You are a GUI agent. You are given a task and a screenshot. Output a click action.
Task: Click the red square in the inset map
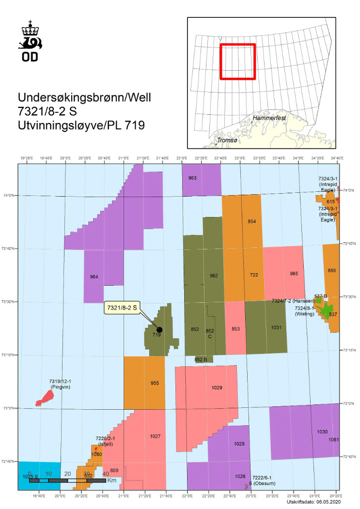pyautogui.click(x=237, y=62)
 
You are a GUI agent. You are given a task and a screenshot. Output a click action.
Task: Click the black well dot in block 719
pyautogui.click(x=159, y=329)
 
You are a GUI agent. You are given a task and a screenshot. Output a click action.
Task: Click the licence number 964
pyautogui.click(x=94, y=277)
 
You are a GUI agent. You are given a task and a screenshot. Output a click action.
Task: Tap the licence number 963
pyautogui.click(x=192, y=178)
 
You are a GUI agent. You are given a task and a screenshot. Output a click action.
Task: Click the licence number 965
pyautogui.click(x=294, y=274)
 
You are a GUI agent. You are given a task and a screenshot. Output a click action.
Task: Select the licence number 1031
pyautogui.click(x=276, y=327)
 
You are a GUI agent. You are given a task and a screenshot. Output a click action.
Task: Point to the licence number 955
pyautogui.click(x=155, y=383)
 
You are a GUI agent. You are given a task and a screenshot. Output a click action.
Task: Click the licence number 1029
pyautogui.click(x=217, y=387)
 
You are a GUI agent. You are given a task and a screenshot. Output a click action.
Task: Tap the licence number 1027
pyautogui.click(x=155, y=436)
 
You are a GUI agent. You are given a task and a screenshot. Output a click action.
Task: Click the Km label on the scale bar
pyautogui.click(x=112, y=480)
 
